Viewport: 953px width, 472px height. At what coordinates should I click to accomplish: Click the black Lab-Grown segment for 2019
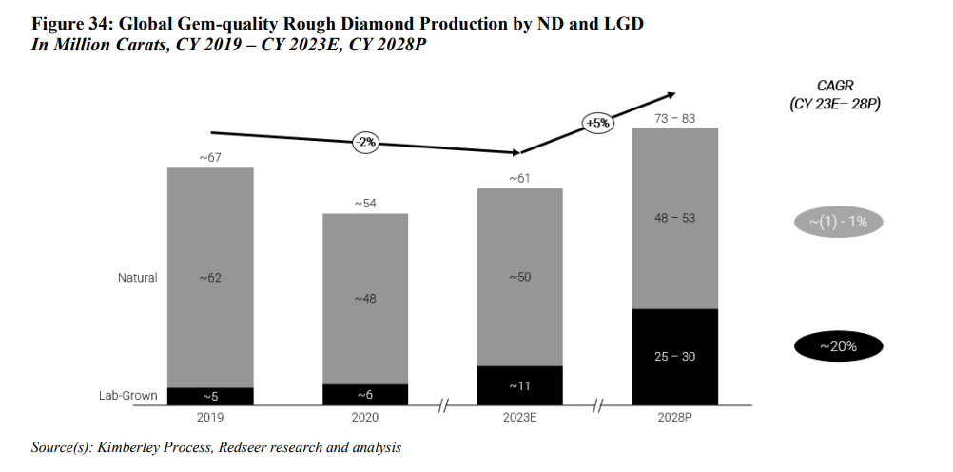[x=210, y=395]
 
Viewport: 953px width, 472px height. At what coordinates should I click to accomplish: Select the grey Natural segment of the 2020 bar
[x=365, y=298]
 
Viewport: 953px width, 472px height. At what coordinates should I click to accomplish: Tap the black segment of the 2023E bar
[x=519, y=385]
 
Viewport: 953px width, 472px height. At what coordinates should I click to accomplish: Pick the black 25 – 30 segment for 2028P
[x=674, y=357]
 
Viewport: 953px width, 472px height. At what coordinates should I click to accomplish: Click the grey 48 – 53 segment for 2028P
[x=674, y=218]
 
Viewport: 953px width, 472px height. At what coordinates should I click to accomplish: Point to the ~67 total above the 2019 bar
[x=210, y=158]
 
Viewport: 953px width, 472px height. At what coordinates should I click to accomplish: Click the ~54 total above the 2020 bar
[x=365, y=204]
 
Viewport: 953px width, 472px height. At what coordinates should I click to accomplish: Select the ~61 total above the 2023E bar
[x=519, y=178]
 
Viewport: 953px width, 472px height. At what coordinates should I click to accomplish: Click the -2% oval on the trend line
[x=366, y=142]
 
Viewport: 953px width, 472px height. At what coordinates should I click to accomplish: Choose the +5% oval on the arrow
[x=597, y=123]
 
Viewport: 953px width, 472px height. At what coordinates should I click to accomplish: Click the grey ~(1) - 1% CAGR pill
[x=837, y=223]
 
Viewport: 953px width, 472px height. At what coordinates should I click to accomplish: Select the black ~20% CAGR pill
[x=837, y=346]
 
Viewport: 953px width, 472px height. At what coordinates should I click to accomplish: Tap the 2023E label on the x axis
[x=519, y=416]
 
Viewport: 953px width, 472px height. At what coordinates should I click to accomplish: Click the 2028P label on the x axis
[x=674, y=416]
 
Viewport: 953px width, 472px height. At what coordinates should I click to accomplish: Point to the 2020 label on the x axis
[x=365, y=416]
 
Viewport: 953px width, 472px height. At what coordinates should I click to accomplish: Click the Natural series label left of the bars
[x=137, y=278]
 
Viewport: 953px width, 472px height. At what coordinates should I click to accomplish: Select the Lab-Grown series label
[x=129, y=395]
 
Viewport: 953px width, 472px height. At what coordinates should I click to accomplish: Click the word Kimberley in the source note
[x=119, y=447]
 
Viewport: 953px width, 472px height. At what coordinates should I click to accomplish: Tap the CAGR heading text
[x=837, y=86]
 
